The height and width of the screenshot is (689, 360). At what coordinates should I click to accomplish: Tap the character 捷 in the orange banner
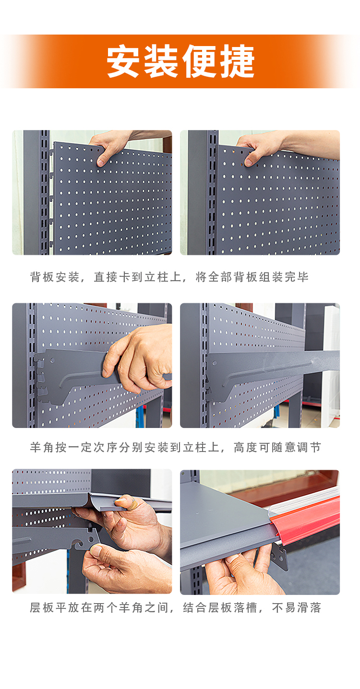click(x=237, y=61)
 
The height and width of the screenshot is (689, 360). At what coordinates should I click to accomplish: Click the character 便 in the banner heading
click(x=199, y=61)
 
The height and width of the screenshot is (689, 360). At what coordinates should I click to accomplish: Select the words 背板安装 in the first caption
click(x=54, y=277)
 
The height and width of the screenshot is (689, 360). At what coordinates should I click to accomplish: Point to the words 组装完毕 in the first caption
click(x=284, y=277)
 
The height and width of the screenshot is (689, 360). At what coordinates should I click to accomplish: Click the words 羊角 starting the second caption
click(x=42, y=447)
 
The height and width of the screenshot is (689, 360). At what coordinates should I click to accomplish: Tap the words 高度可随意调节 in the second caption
click(x=277, y=447)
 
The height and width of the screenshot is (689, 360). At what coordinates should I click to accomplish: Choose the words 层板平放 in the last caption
click(x=54, y=607)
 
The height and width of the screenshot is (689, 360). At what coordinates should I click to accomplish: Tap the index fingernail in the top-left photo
click(x=101, y=162)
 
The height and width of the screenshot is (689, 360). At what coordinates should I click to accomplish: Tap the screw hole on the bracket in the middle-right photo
click(x=215, y=363)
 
